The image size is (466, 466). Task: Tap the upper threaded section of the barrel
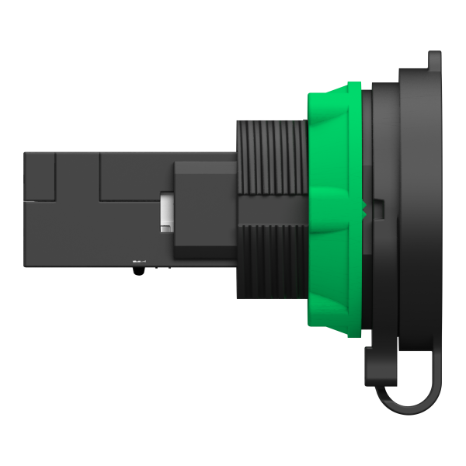pos(272,155)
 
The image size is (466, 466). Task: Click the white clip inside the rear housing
pos(166,211)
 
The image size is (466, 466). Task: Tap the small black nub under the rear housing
pos(138,270)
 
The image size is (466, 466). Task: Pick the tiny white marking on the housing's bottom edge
pos(138,259)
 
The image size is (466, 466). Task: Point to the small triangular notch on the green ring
pos(363,207)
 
